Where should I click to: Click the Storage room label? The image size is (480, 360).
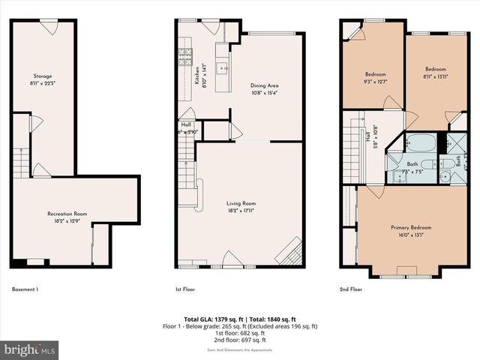pos(42,76)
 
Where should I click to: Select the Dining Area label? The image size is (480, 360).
pos(262,85)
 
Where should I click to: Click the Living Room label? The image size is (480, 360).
pos(241,203)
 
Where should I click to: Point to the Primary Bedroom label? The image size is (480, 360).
pos(410,226)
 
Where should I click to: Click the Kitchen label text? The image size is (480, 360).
pos(197,76)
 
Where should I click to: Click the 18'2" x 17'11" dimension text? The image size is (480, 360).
pos(241,210)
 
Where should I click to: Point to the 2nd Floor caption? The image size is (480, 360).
pos(351,289)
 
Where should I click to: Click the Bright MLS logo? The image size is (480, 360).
pos(30,349)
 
